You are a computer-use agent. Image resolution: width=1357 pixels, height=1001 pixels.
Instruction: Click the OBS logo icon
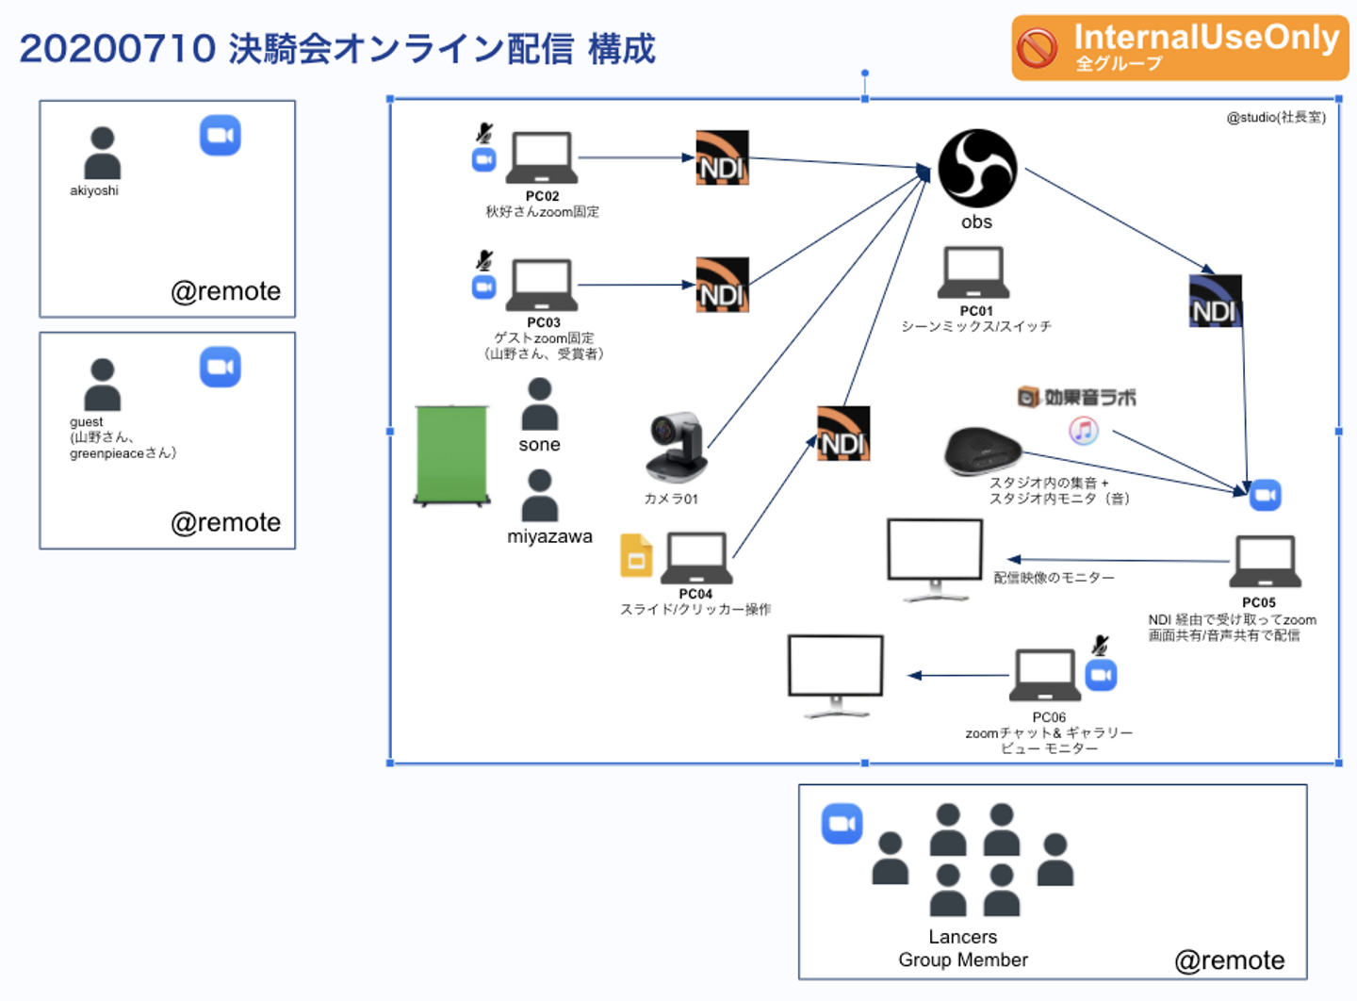click(977, 168)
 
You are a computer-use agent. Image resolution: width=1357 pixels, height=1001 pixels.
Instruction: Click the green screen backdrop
click(452, 455)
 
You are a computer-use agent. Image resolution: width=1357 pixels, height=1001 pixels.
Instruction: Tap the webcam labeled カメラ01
click(677, 446)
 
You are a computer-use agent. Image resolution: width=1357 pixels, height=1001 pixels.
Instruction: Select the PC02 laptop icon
click(542, 158)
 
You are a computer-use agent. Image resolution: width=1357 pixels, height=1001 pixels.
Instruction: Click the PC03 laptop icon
click(542, 285)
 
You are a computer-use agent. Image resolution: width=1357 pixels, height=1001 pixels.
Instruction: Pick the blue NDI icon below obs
click(1215, 301)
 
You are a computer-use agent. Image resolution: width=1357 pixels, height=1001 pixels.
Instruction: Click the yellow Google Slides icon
click(636, 555)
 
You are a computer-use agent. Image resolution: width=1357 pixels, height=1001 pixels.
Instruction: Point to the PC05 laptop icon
click(1265, 562)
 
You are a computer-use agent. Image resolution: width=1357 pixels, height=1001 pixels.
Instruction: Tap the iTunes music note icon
click(1084, 431)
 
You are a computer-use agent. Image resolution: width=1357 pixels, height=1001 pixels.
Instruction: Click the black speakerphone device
click(982, 451)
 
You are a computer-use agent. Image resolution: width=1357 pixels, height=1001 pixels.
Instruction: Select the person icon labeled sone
click(540, 404)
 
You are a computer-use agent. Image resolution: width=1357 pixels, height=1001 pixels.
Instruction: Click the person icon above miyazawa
click(540, 496)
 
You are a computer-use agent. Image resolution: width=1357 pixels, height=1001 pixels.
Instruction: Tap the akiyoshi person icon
click(102, 153)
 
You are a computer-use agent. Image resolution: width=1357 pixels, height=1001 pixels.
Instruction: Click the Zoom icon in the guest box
click(221, 367)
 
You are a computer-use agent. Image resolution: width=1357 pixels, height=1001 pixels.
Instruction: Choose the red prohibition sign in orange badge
click(1038, 48)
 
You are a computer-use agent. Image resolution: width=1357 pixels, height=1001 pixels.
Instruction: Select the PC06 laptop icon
click(1045, 675)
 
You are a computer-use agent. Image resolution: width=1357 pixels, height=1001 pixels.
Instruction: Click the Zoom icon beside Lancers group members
click(842, 824)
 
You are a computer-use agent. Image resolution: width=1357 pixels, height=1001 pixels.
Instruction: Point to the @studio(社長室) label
click(1276, 118)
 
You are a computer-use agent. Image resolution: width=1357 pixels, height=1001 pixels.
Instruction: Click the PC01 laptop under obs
click(973, 272)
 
